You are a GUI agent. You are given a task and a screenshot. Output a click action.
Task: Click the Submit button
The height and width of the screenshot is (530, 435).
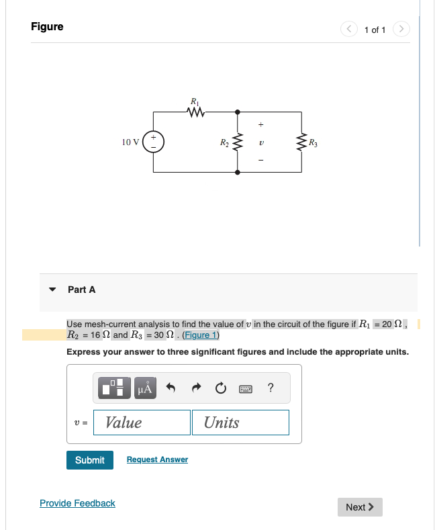(90, 460)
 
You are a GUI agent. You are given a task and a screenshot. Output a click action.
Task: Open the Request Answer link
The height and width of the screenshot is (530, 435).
(157, 459)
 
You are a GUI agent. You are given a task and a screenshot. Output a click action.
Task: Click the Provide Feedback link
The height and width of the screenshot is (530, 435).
(77, 503)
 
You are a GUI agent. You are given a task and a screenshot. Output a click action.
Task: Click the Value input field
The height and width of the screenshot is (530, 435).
(142, 423)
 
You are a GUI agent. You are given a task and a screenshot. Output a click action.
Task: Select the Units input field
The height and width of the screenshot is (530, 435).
(240, 423)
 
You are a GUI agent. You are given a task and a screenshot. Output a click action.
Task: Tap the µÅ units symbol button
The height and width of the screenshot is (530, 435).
(146, 388)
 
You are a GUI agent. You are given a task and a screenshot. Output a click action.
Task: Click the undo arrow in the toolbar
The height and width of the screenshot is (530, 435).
(171, 388)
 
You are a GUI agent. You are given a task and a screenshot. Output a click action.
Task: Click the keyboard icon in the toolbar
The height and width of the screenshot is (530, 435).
(244, 388)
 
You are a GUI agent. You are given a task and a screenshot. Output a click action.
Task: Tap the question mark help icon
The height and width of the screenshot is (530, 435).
(270, 388)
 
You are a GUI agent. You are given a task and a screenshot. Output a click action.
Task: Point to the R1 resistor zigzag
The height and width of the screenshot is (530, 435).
(195, 112)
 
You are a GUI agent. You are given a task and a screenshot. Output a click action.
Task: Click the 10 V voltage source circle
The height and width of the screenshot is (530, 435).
(153, 142)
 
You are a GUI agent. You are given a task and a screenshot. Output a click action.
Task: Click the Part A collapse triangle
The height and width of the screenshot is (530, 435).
(52, 290)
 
